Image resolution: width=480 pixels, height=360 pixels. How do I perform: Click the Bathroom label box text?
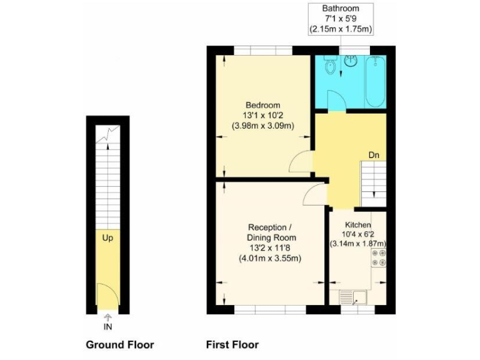[x=341, y=18]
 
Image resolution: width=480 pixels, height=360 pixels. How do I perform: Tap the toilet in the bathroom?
[x=331, y=65]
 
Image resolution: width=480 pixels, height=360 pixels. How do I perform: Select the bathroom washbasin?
[x=351, y=61]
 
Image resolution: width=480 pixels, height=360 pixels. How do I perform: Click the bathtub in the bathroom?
[x=376, y=81]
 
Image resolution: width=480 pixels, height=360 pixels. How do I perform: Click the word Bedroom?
[x=262, y=105]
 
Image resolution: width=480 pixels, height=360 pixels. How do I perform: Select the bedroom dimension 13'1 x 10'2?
[x=262, y=115]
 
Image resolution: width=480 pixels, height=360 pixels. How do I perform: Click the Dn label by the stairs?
[x=373, y=155]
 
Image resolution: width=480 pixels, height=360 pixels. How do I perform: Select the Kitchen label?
[x=358, y=224]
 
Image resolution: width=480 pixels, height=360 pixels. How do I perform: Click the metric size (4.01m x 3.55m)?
[x=271, y=258]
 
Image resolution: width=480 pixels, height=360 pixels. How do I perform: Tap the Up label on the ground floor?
[x=107, y=238]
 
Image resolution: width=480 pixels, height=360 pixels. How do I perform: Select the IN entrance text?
[x=107, y=326]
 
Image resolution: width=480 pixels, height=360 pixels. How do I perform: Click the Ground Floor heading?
[x=119, y=344]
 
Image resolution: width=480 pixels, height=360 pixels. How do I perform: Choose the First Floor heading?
[x=232, y=344]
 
